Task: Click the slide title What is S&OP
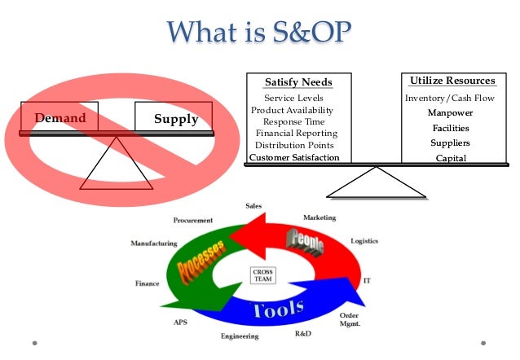point(260,33)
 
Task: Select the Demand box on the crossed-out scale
point(59,118)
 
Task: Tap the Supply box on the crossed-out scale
point(175,118)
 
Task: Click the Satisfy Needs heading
point(298,82)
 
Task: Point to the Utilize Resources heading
point(452,81)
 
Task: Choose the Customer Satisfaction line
point(294,157)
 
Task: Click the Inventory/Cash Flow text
point(449,99)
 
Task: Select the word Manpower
point(451,113)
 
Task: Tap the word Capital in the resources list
point(451,158)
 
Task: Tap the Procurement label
point(193,220)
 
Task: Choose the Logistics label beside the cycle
point(364,241)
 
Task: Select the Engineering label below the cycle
point(239,336)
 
